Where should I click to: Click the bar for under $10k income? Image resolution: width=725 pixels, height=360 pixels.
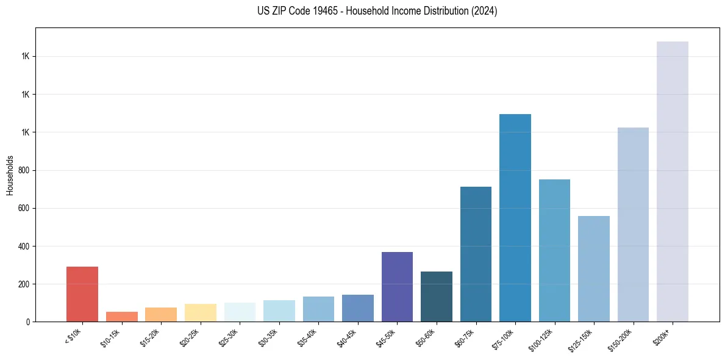(x=82, y=294)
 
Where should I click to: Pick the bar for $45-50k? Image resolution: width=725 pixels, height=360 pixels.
(x=397, y=287)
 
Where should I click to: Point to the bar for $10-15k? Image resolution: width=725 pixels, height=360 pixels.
(x=122, y=317)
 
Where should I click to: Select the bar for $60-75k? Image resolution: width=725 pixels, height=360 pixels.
(x=476, y=254)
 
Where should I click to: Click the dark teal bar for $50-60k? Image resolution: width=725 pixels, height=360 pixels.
(x=437, y=297)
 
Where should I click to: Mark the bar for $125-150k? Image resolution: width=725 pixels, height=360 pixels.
(x=594, y=268)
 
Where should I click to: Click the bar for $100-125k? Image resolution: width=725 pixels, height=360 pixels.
(x=554, y=250)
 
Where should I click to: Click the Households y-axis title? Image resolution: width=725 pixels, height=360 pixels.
(x=10, y=175)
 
